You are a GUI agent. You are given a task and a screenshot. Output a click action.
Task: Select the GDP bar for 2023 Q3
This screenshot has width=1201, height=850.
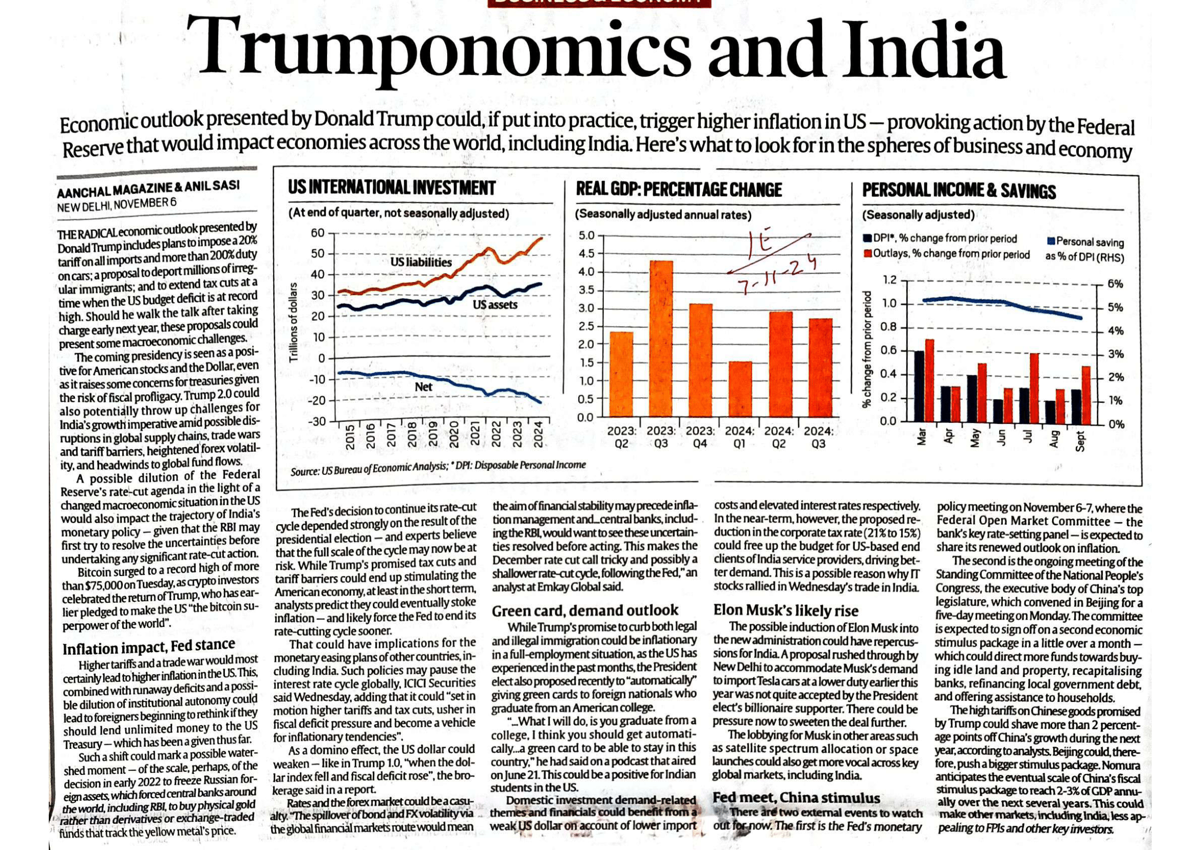[661, 339]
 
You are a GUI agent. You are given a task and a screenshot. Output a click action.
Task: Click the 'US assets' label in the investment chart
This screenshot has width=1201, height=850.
[494, 305]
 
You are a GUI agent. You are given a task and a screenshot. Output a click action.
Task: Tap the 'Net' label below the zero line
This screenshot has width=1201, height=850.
[423, 387]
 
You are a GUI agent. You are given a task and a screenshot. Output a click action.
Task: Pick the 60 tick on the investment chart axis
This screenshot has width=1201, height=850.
[318, 233]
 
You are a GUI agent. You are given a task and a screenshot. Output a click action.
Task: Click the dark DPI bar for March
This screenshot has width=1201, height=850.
[919, 386]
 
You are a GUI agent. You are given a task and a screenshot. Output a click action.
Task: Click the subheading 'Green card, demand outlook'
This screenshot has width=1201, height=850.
[585, 611]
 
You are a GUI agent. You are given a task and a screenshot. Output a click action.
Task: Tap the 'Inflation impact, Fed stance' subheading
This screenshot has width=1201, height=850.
[148, 647]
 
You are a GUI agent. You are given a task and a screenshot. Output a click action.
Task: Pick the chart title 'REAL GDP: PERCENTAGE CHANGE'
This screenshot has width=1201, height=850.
[678, 190]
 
